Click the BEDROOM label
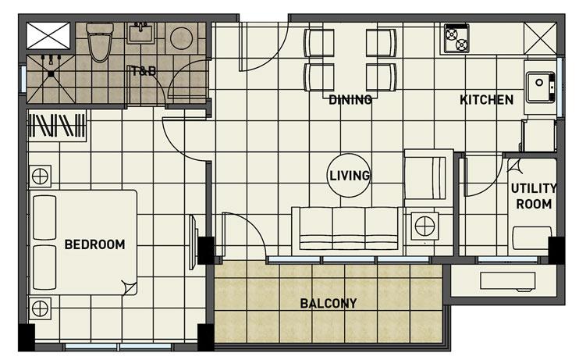(94, 244)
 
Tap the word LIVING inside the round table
(350, 176)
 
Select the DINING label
(350, 99)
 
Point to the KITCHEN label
(486, 99)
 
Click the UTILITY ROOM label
(534, 196)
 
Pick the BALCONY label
(329, 304)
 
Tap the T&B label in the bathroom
(144, 70)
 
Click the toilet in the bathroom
(100, 41)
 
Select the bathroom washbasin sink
(141, 34)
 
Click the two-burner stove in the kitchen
(456, 38)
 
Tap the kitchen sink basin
(540, 87)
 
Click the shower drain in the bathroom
(51, 74)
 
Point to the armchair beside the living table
(428, 178)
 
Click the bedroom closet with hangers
(57, 125)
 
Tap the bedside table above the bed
(40, 176)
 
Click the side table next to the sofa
(425, 226)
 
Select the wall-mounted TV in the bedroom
(193, 242)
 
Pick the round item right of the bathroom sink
(182, 38)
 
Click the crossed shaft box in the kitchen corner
(540, 38)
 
